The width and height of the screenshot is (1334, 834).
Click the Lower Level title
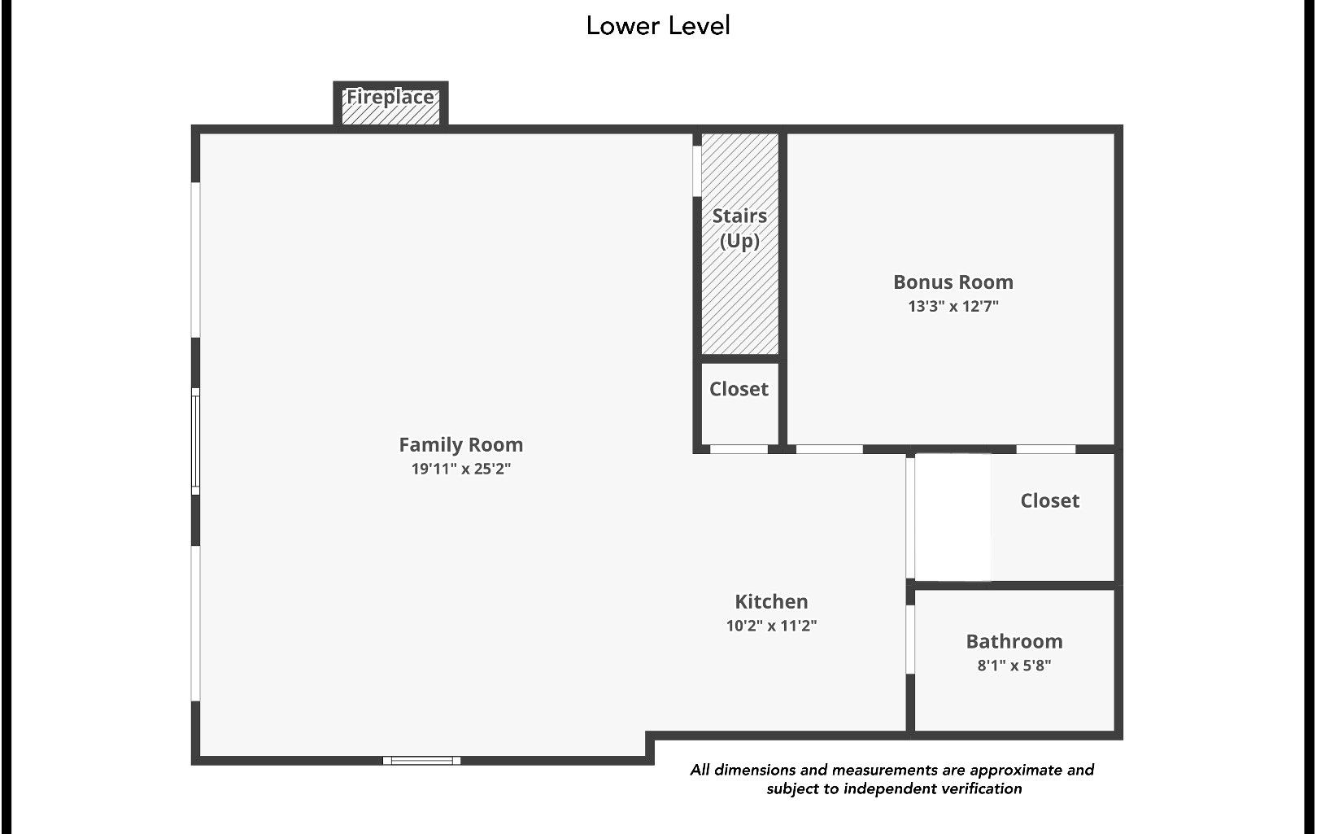coord(657,25)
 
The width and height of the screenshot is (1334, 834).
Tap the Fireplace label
coord(390,97)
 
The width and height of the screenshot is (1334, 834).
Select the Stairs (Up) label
coord(739,228)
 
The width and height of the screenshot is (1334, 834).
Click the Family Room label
coord(460,444)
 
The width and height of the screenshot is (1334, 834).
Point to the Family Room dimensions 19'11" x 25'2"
coord(460,469)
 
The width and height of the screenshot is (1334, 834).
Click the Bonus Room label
coord(953,282)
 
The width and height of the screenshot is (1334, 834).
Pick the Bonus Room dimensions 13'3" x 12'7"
coord(953,307)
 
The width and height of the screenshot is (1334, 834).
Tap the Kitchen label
coord(771,601)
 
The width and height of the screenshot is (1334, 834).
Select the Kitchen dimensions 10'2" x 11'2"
coord(771,626)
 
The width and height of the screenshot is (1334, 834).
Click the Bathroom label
coord(1014,641)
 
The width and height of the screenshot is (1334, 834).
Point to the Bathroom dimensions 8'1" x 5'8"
coord(1014,666)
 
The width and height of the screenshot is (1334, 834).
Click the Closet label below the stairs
coord(739,389)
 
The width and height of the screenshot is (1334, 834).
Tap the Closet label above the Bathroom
coord(1049,500)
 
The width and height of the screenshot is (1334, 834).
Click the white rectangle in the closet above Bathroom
coord(953,517)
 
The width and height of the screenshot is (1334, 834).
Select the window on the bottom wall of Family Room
coord(421,761)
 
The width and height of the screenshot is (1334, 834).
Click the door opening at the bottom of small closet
coord(739,449)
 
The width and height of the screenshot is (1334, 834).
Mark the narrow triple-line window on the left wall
coord(195,441)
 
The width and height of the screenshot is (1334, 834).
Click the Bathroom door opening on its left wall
coord(910,640)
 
